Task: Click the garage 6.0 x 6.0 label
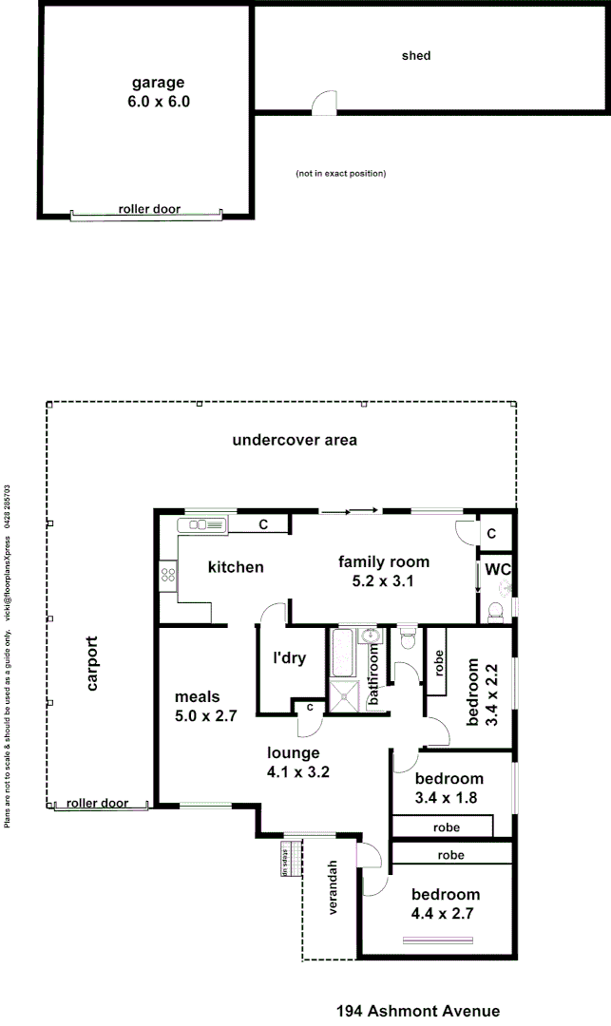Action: click(x=159, y=91)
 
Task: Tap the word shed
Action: click(x=416, y=56)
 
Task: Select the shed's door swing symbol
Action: click(x=324, y=104)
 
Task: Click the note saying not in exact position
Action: click(x=341, y=174)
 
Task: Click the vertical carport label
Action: click(x=92, y=670)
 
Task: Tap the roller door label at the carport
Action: click(x=97, y=804)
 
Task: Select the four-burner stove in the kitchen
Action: click(x=168, y=573)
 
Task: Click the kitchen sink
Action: click(x=204, y=523)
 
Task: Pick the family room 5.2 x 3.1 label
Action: click(x=384, y=572)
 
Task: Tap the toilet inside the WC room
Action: click(x=495, y=615)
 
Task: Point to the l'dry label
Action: click(x=289, y=657)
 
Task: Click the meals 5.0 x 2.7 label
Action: click(x=205, y=707)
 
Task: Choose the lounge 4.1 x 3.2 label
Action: click(x=299, y=763)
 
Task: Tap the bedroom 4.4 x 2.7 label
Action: click(x=445, y=904)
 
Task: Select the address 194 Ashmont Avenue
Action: click(x=418, y=1012)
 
